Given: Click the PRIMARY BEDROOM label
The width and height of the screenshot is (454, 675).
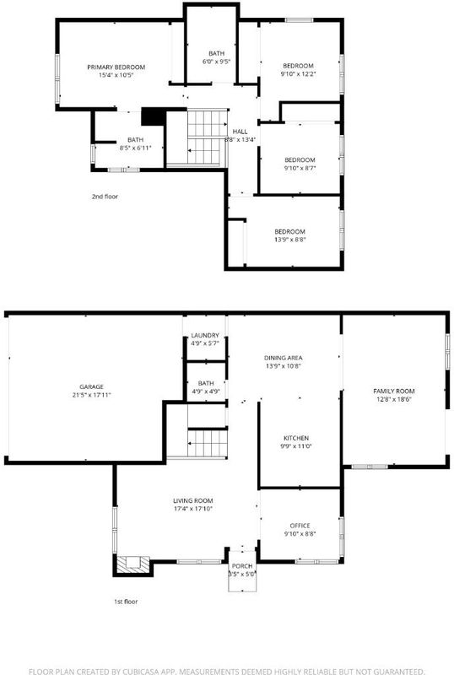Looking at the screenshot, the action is [116, 67].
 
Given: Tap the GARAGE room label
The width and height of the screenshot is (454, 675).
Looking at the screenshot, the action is [91, 387].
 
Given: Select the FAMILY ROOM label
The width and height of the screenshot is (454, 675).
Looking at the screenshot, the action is [394, 391].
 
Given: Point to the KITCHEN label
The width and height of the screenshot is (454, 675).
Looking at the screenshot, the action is [296, 438].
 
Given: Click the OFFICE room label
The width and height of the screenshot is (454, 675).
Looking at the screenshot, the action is [300, 526].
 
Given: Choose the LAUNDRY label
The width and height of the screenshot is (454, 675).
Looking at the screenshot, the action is [205, 335].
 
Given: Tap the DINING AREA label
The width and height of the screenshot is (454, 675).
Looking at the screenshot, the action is [283, 358].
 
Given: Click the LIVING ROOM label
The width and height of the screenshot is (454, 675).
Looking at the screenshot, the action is [193, 501].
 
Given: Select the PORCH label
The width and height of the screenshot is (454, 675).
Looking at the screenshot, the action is [242, 566].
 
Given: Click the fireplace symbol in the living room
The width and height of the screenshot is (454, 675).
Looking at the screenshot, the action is [133, 564].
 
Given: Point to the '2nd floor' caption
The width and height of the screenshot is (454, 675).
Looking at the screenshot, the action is [105, 197].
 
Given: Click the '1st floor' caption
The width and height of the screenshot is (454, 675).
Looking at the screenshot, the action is [126, 602].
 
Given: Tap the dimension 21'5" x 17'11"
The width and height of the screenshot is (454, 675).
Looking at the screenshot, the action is [91, 395].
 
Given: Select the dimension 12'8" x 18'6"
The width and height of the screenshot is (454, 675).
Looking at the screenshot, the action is [394, 399].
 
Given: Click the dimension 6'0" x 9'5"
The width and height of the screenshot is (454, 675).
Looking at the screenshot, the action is [216, 62].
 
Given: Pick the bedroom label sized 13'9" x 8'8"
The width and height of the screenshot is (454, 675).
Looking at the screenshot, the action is [290, 232].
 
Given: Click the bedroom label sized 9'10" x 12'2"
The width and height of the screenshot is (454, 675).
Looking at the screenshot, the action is [298, 66].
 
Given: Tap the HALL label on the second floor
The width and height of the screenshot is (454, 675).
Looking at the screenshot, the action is [240, 132].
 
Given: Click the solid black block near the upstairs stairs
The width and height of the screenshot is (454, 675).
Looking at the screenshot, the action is [154, 116].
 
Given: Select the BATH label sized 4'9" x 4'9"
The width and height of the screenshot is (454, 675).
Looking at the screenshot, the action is [206, 384].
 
